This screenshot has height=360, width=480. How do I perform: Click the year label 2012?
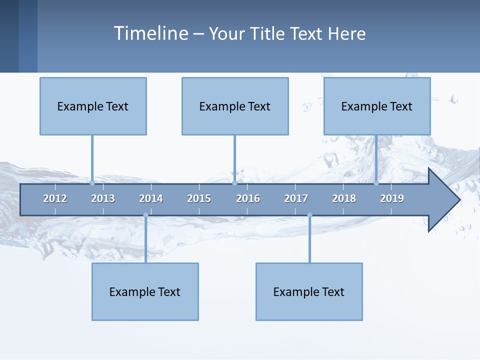[x=55, y=198]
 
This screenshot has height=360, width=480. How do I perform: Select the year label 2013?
[x=103, y=198]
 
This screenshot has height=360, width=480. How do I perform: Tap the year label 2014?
[x=151, y=198]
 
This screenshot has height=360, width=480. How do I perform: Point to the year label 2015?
[x=199, y=198]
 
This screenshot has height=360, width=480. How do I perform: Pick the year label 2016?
[x=248, y=198]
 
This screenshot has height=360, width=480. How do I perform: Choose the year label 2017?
[x=296, y=198]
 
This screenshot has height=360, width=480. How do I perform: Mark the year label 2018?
[x=344, y=198]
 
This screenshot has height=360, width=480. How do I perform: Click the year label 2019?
[x=392, y=198]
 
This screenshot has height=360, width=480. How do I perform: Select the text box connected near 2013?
[x=93, y=106]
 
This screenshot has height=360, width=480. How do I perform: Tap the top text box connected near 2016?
[x=235, y=106]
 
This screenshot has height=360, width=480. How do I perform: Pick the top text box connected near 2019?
[x=377, y=106]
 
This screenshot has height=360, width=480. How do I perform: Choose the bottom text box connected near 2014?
[x=145, y=291]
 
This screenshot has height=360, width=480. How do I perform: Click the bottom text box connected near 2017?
[x=309, y=291]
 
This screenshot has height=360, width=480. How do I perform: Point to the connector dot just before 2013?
[x=92, y=183]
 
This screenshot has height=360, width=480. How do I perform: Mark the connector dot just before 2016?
[x=234, y=183]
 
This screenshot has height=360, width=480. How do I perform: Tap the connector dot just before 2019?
[x=376, y=183]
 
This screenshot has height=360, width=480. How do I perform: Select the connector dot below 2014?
[x=145, y=215]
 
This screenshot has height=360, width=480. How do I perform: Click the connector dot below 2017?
[x=309, y=215]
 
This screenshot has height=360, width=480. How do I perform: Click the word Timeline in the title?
[x=151, y=33]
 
